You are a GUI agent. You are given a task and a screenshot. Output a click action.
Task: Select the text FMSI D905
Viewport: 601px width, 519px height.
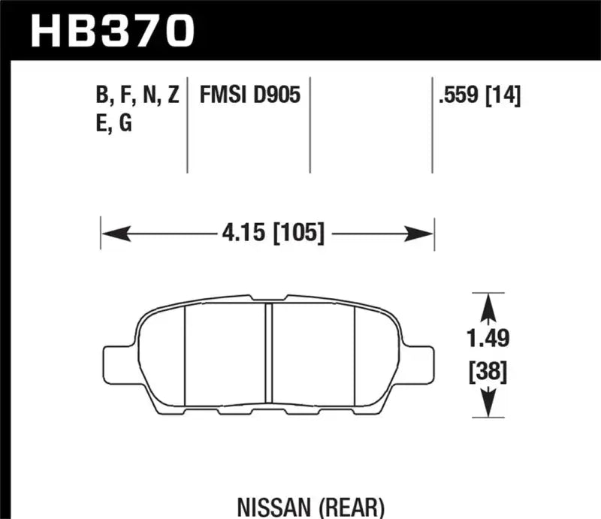(x=250, y=95)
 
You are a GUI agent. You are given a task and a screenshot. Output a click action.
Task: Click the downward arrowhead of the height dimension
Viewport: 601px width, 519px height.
(x=488, y=406)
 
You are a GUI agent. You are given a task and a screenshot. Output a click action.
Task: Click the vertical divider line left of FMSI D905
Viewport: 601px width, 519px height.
(x=187, y=124)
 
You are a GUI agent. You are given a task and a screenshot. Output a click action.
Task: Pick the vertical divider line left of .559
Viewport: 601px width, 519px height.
(x=432, y=124)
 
